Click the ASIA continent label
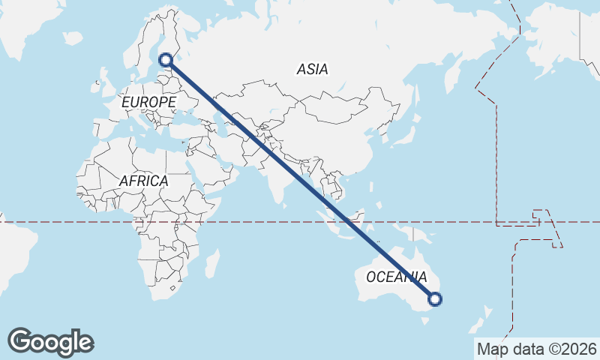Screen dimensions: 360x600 point(312,69)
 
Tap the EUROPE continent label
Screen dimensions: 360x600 point(148,101)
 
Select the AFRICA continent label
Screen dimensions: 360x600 point(143,181)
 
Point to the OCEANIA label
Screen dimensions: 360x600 point(397,277)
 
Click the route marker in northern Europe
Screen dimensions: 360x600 point(166,60)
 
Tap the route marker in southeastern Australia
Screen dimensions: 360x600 point(434,299)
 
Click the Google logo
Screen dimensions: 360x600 point(50,342)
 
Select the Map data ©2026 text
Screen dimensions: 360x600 point(537,349)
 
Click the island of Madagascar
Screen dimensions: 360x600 point(212,263)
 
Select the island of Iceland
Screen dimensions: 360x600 point(73,37)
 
